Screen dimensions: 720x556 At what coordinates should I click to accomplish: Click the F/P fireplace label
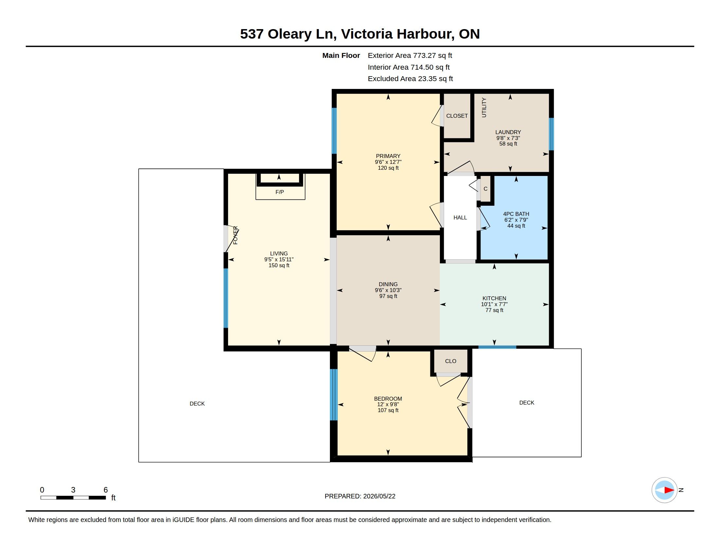tap(279, 192)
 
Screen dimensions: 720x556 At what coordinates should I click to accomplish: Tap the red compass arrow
tap(669, 490)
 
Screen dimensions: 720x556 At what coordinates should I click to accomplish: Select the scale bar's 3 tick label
tap(73, 490)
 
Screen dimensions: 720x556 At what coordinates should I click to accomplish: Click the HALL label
tap(460, 217)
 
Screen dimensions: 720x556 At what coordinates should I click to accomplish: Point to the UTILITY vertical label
tap(484, 107)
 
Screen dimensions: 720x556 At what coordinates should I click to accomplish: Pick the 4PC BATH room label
tap(516, 214)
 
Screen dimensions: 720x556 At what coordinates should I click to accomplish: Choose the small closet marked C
tap(485, 189)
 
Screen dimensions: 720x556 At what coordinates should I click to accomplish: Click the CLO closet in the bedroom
tap(451, 361)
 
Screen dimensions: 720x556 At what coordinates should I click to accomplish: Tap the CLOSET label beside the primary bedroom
tap(457, 116)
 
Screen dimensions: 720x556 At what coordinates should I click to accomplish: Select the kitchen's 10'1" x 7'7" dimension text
tap(494, 304)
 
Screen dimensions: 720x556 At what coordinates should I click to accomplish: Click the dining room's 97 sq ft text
tap(388, 296)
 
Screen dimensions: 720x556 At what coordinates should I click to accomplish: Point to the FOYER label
tap(235, 235)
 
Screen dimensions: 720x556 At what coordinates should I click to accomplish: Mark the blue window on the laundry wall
tap(551, 134)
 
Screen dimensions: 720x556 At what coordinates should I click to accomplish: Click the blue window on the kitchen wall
tap(497, 347)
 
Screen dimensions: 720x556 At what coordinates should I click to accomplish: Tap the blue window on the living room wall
tap(226, 298)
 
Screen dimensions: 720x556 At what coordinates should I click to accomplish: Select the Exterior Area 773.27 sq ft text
tap(410, 56)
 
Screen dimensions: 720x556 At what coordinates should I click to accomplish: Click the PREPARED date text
tap(360, 496)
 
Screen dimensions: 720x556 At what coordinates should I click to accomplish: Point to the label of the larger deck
tap(197, 404)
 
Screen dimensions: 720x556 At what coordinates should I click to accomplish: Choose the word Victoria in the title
tap(367, 34)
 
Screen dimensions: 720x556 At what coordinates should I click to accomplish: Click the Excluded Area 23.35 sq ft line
tap(410, 79)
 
